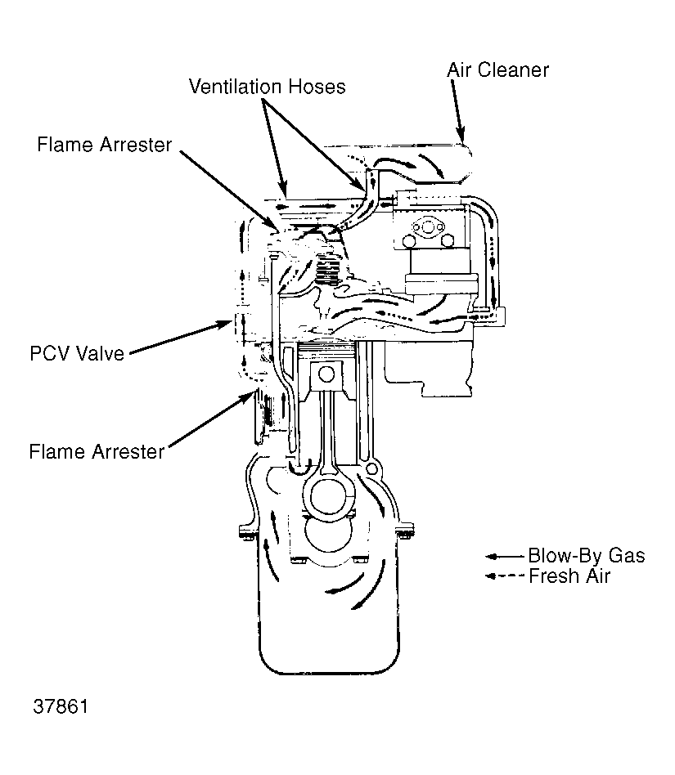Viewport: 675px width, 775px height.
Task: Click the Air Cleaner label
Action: coord(497,69)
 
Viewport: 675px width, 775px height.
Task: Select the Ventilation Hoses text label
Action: coord(267,86)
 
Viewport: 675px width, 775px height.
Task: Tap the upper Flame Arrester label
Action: coord(105,145)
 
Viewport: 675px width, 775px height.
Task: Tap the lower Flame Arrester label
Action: coord(97,451)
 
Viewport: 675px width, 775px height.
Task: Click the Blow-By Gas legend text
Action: coord(586,556)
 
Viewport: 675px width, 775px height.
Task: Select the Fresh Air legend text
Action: coord(569,576)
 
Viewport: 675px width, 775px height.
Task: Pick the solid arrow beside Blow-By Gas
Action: coord(504,556)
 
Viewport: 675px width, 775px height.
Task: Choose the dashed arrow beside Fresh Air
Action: coord(504,576)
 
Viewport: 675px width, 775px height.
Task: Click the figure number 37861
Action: coord(61,706)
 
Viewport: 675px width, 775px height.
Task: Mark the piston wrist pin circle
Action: coord(326,375)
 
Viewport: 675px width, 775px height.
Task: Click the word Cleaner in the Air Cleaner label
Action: coord(513,69)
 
